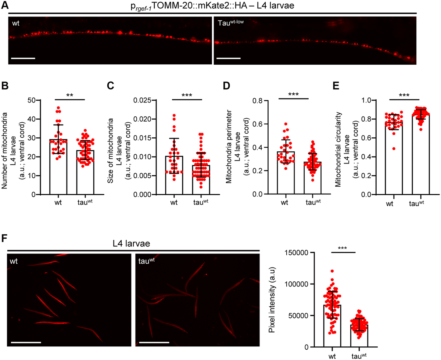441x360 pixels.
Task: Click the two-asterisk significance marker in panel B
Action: click(70, 96)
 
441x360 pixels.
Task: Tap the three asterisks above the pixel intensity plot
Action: click(344, 248)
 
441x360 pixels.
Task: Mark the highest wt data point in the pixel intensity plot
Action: click(332, 271)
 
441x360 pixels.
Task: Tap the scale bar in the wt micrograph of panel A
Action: click(23, 58)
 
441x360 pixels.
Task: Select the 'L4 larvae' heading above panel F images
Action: click(133, 244)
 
